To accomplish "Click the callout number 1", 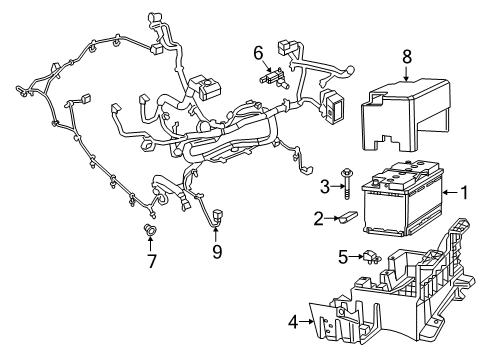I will click(464, 192).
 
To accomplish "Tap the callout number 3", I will click(324, 185).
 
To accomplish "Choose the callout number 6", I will click(257, 52).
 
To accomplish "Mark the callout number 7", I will click(152, 262).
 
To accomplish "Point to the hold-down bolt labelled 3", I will click(346, 181).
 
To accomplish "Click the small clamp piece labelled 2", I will click(346, 216).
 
